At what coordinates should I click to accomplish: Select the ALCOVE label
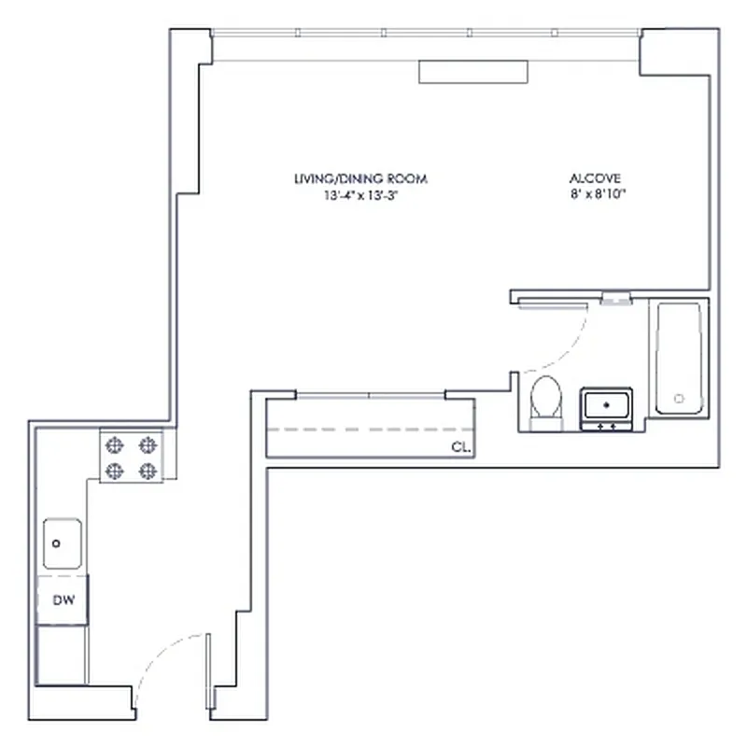596,178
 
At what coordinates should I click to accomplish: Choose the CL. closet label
460,447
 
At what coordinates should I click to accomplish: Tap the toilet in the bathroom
545,402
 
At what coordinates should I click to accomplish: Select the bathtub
678,358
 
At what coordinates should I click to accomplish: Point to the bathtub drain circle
679,399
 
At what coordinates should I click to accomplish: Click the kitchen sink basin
63,544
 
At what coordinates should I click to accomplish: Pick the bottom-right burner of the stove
147,472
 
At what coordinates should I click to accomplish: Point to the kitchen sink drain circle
57,543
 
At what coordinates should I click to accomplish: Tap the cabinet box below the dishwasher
62,655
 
